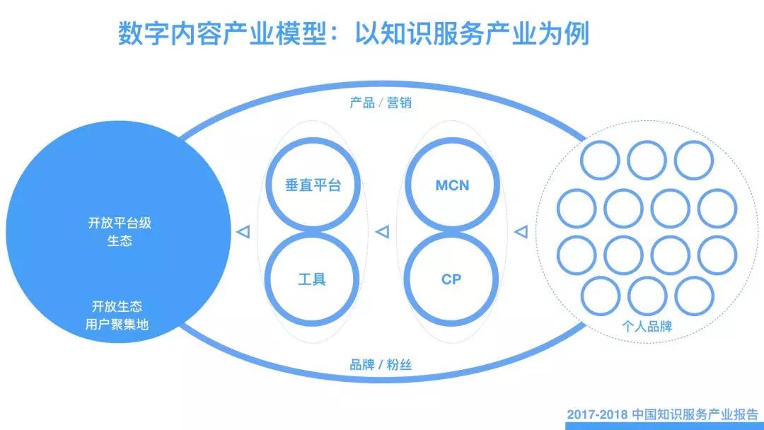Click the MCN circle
tap(451, 185)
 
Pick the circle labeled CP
tap(451, 279)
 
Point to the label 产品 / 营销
tap(381, 103)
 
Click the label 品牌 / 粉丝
tap(381, 365)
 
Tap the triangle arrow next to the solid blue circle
tap(242, 231)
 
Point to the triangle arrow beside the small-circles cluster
tap(521, 231)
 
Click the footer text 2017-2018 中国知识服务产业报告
tap(663, 414)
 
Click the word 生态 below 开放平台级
tap(120, 240)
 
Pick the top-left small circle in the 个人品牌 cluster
tap(600, 160)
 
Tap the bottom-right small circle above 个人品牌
tap(694, 296)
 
